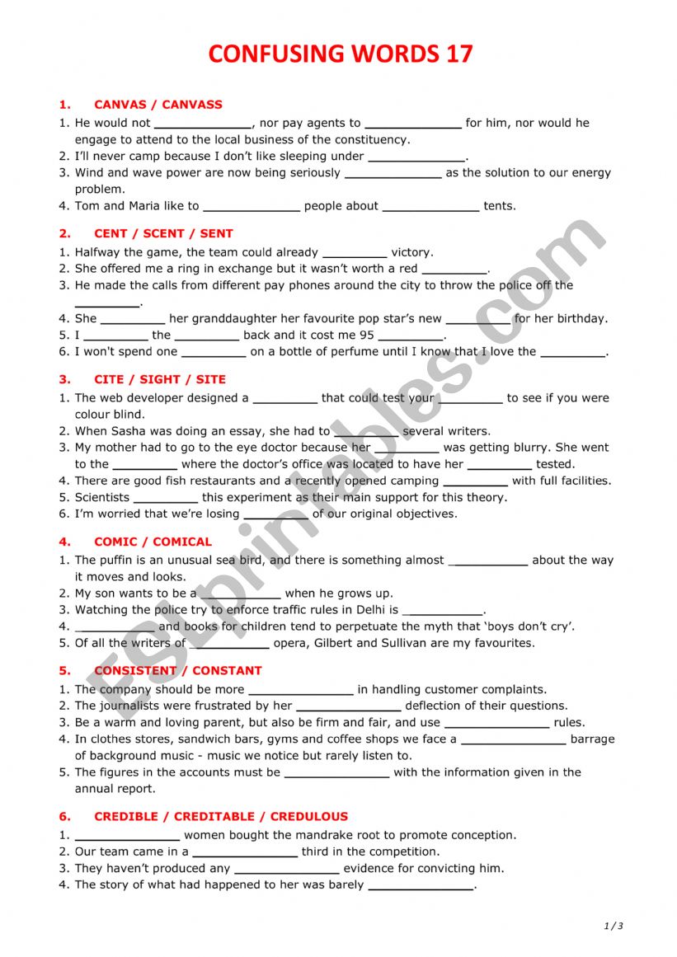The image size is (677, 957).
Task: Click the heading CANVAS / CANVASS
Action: (158, 105)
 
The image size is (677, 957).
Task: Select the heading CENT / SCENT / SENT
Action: (163, 233)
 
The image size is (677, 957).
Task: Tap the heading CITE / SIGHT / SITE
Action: (160, 379)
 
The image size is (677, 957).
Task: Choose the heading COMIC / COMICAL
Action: (153, 542)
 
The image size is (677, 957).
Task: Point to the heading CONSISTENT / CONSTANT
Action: (178, 670)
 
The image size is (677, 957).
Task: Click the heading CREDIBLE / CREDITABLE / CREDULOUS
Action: (221, 816)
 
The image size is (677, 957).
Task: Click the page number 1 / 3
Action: (614, 926)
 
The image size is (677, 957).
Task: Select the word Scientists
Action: (102, 497)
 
